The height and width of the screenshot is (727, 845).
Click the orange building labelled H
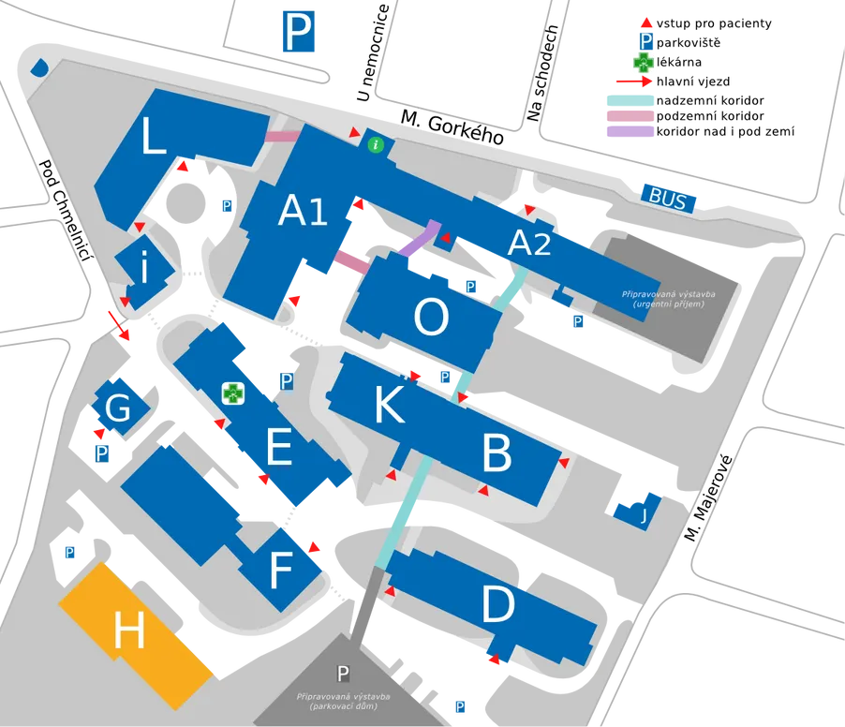pos(135,636)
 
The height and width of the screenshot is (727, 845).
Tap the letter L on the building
pos(153,137)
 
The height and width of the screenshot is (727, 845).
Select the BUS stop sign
pos(668,199)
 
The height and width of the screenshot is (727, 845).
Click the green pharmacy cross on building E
pos(233,393)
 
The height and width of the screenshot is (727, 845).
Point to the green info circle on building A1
pos(376,144)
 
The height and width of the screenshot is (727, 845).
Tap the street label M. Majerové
pos(708,498)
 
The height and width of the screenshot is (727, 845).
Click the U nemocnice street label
pos(373,52)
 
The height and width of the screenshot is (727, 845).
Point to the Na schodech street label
pos(542,73)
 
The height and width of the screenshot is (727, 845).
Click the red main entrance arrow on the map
pos(119,325)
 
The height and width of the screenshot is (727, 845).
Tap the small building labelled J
pos(638,512)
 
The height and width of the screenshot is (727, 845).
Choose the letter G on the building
pos(118,407)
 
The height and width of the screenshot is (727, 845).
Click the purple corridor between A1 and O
pos(421,238)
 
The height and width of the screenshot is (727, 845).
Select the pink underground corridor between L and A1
pos(282,136)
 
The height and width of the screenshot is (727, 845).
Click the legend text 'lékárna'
pos(679,62)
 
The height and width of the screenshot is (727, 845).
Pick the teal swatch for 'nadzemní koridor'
pos(630,100)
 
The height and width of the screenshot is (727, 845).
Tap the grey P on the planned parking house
pos(343,673)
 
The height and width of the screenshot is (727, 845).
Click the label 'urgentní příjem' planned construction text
pos(668,304)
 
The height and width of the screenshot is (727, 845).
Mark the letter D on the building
pos(497,604)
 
